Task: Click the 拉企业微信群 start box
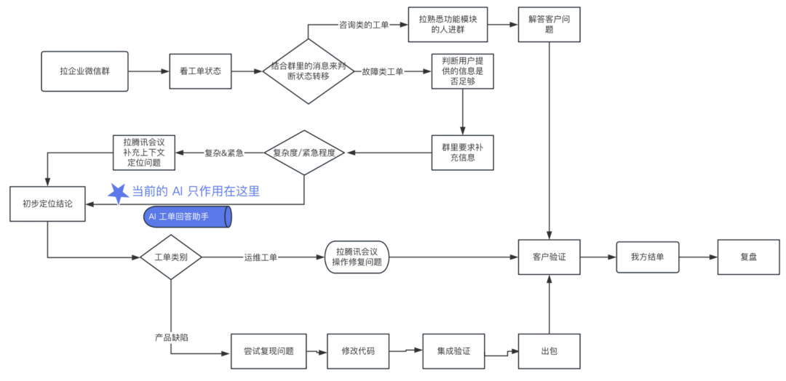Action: tap(84, 71)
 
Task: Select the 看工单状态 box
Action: tap(199, 71)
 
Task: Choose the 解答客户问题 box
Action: tap(549, 24)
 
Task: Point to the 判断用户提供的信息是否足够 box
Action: tap(462, 71)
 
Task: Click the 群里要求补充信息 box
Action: tap(462, 152)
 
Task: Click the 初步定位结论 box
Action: tap(47, 204)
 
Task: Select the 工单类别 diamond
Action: tap(170, 257)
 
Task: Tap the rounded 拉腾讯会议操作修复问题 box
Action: tap(357, 257)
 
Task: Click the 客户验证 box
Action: tap(549, 257)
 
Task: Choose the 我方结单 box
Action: tap(647, 257)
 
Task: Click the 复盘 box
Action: tap(748, 257)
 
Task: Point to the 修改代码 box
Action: tap(358, 351)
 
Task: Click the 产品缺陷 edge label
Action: tap(172, 338)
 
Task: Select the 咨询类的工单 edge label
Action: tap(364, 24)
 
